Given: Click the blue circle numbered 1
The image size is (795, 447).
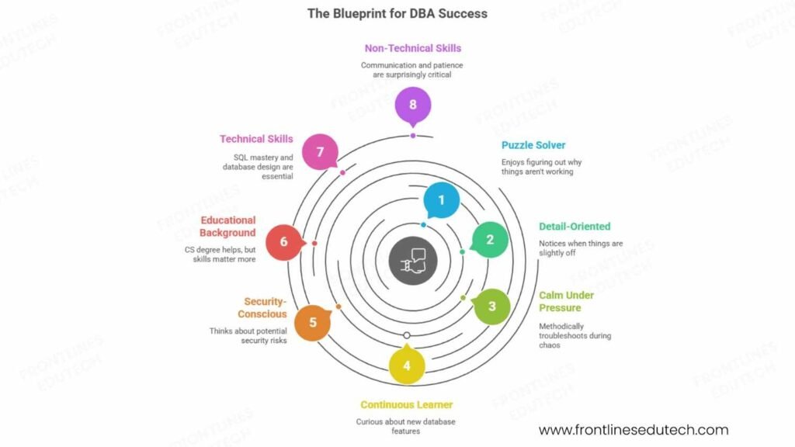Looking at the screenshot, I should [x=442, y=200].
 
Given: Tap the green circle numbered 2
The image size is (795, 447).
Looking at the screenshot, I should [x=490, y=240].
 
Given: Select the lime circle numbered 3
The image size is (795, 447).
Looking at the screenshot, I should [x=491, y=306].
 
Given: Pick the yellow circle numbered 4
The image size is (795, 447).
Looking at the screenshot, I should [x=407, y=364].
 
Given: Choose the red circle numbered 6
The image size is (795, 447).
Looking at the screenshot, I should [x=284, y=242].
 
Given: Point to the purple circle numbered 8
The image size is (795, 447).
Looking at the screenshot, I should [x=412, y=103].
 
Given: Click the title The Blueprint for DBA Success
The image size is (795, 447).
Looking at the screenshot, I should [x=397, y=13].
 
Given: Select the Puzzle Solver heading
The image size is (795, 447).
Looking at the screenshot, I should [x=533, y=145].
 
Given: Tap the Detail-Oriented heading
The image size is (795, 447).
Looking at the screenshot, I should [x=575, y=227].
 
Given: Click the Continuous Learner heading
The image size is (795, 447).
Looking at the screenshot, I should [x=406, y=404].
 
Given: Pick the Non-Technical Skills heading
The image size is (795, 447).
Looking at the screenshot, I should [x=412, y=48].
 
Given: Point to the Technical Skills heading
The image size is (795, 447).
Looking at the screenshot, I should [x=256, y=139].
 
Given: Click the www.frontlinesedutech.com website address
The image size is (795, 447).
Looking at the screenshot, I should [x=634, y=430].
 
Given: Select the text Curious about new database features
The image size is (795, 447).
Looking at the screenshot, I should [x=406, y=426].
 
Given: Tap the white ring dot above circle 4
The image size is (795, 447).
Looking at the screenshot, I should [x=407, y=335].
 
